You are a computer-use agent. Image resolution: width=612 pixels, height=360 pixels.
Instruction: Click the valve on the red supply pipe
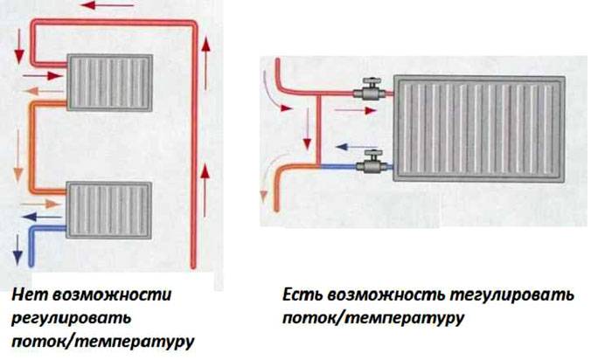tap(369, 90)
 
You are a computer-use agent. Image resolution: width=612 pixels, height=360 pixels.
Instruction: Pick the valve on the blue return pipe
tap(369, 163)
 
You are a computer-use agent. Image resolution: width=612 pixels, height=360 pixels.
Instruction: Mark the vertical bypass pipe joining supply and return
tap(321, 127)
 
